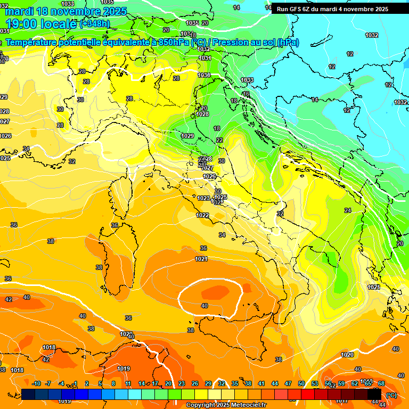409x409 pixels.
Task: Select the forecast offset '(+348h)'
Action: (95, 24)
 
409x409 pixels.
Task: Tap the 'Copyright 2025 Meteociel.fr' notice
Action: (226, 405)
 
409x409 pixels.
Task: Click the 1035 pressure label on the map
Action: (192, 23)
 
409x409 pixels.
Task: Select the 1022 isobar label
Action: (202, 215)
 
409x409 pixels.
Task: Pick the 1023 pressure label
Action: (203, 198)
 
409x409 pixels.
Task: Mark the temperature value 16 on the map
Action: (246, 94)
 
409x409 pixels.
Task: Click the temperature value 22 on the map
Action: (219, 140)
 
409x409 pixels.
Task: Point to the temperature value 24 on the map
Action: (348, 211)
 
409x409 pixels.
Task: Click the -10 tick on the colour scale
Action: (36, 383)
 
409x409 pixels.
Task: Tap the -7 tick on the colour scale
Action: (48, 383)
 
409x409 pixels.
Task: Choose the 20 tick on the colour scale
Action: (168, 383)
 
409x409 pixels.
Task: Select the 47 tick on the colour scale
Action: (288, 383)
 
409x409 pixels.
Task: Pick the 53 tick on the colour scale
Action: (315, 383)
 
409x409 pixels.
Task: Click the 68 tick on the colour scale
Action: (381, 383)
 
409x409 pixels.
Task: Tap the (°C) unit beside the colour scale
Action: (391, 395)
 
